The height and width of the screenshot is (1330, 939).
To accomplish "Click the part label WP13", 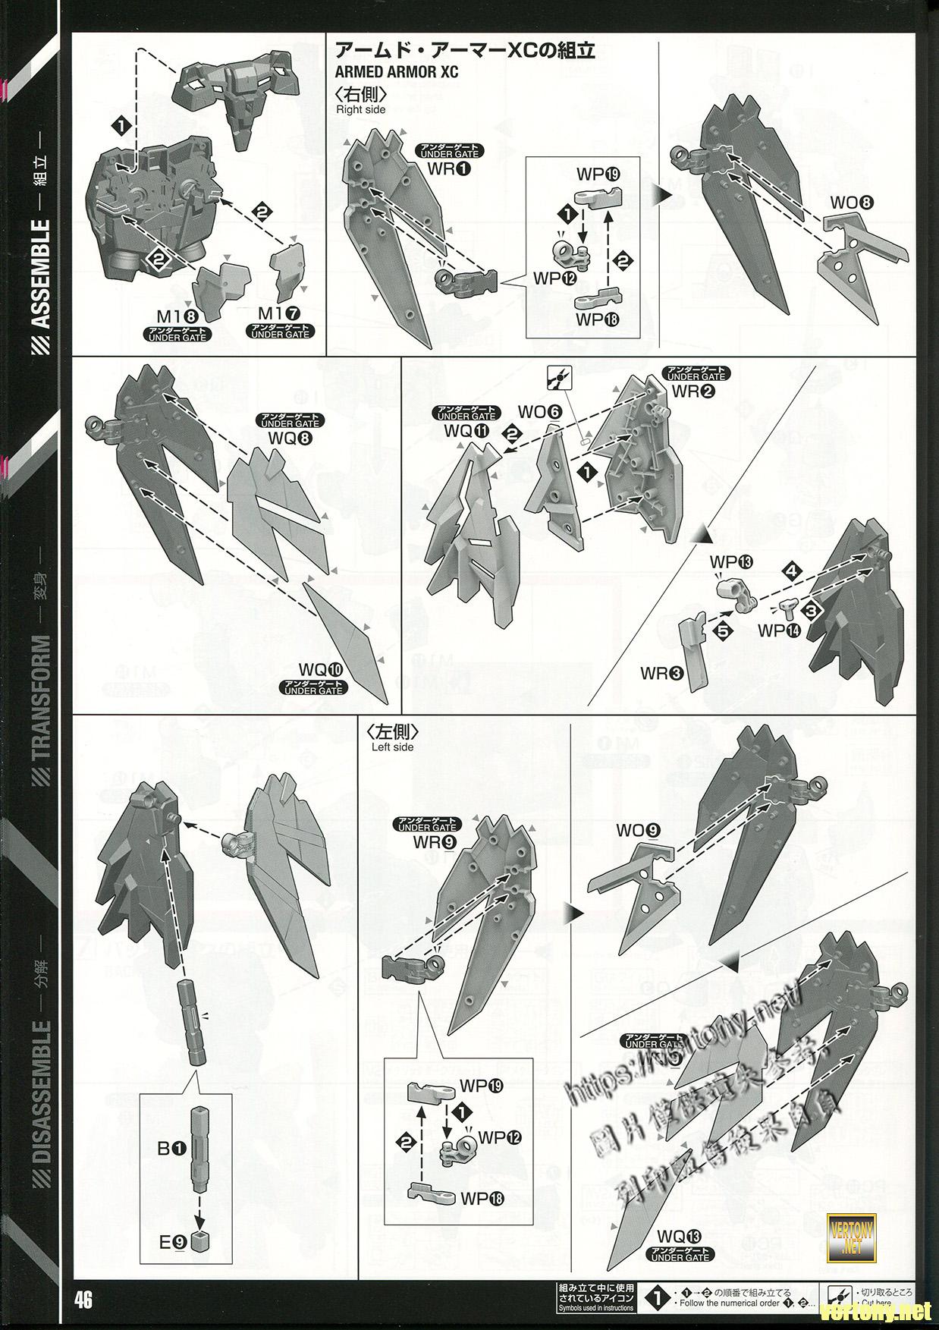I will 731,562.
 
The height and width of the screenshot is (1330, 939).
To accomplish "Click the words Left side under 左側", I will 392,747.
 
